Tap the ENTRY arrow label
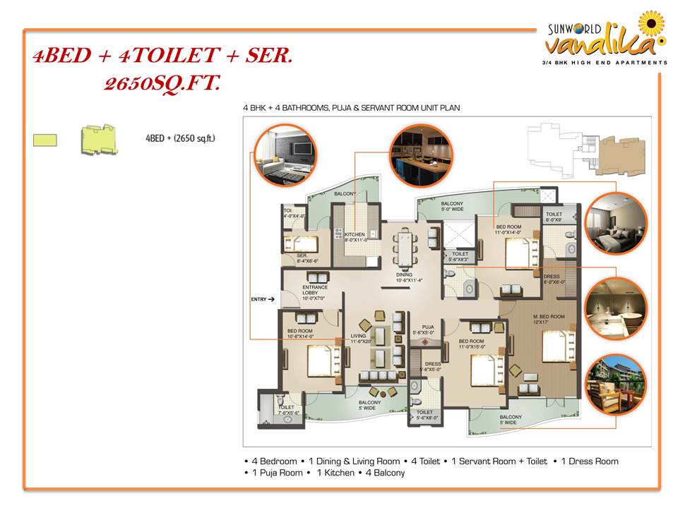pyautogui.click(x=263, y=299)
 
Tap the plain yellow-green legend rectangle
pyautogui.click(x=45, y=140)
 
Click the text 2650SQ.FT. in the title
pyautogui.click(x=162, y=84)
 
